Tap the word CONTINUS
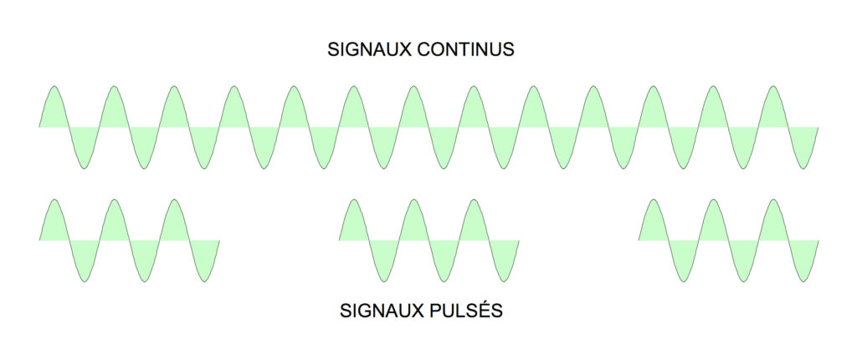(465, 49)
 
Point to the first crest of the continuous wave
(54, 86)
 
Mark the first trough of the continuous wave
(84, 168)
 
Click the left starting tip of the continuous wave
(39, 127)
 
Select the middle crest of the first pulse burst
(114, 200)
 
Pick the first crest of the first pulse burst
(54, 200)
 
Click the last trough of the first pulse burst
(204, 281)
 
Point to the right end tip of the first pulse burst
(219, 240)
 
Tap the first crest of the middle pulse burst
(354, 200)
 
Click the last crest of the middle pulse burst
(474, 200)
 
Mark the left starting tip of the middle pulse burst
(339, 240)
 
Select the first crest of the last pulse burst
(653, 200)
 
